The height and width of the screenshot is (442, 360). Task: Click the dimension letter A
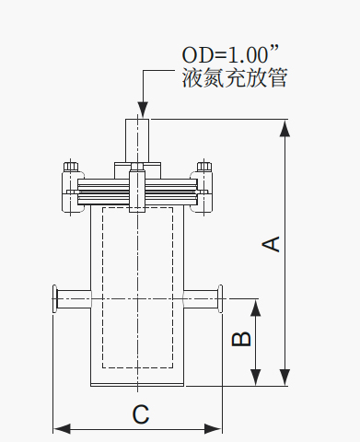tap(271, 244)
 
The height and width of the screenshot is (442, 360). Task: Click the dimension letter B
tap(241, 339)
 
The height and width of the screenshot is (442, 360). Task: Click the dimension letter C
tap(141, 414)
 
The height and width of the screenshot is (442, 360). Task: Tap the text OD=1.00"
tap(230, 54)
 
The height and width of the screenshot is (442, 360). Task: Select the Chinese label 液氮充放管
tap(235, 78)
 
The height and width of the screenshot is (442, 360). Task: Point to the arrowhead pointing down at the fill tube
tap(143, 109)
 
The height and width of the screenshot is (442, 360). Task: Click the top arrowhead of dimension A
tap(285, 128)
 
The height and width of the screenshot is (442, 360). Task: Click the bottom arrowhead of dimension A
tap(285, 378)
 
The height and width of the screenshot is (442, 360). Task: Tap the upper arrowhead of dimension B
tap(256, 308)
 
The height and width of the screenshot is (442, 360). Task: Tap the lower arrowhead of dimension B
tap(256, 378)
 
